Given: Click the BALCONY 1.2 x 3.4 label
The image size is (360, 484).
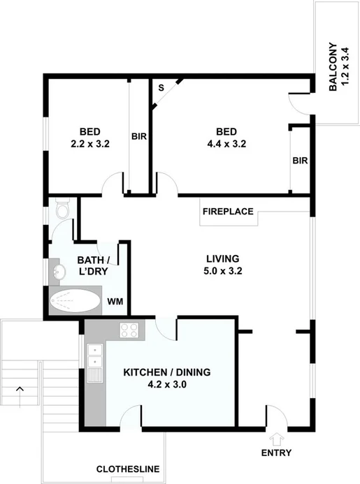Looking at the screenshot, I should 338,69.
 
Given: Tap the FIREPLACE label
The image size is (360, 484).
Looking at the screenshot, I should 228,211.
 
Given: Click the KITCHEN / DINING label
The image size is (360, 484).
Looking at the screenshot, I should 167,377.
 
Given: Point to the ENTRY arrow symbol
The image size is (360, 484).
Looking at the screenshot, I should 277,439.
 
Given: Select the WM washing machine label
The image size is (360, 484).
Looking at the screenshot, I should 115,302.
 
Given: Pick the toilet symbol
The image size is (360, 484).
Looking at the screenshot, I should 62,210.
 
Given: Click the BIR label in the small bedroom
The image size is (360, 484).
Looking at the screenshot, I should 138,137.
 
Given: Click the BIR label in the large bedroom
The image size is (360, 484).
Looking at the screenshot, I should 300,160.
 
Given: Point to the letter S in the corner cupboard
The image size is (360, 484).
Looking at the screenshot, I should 161,89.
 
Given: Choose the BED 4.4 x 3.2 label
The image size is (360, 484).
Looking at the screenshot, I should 226,138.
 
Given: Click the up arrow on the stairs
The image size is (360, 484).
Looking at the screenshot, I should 20,388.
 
